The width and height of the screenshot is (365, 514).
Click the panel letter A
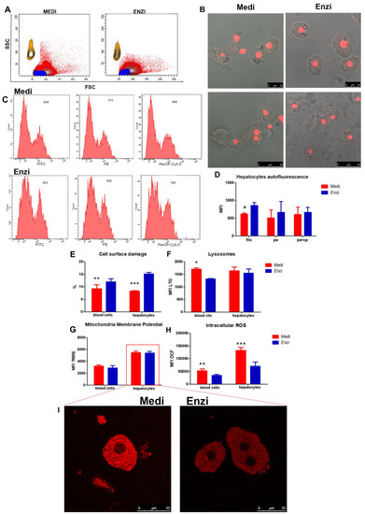[x=6, y=7]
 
